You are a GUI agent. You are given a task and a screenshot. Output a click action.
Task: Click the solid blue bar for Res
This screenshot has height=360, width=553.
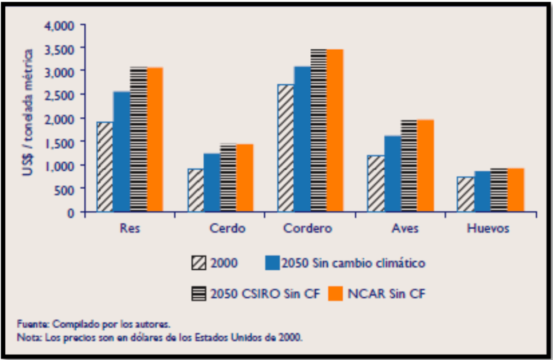122,151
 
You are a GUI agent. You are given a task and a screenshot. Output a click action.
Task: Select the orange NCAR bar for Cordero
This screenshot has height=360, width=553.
335,130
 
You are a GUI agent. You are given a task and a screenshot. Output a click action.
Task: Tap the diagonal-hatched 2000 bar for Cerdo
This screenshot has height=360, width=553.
196,190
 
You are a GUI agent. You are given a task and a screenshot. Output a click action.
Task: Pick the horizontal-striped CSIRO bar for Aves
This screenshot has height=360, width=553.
409,165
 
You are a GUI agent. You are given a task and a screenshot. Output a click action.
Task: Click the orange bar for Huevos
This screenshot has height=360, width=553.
515,190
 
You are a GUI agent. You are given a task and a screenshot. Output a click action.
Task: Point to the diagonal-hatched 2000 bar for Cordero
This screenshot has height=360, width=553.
286,148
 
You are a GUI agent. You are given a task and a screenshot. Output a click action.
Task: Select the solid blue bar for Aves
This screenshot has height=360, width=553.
392,173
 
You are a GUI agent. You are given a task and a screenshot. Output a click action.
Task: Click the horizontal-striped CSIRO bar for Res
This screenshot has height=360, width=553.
138,139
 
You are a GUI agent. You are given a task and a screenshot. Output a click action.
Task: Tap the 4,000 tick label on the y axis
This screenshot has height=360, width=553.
63,25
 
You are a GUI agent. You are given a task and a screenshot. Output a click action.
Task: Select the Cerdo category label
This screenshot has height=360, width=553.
227,229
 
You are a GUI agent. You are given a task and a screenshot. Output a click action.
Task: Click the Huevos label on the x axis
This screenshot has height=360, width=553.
488,229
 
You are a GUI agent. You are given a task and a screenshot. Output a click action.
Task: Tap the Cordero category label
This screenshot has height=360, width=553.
308,229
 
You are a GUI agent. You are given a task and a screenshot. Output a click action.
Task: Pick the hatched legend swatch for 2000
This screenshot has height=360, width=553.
198,263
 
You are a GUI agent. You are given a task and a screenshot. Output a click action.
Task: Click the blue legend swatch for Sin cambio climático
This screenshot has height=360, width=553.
272,263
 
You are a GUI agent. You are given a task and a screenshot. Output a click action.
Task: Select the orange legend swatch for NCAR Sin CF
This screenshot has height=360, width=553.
336,294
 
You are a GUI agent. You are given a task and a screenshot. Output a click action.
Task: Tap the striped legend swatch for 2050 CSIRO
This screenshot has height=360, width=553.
198,294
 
